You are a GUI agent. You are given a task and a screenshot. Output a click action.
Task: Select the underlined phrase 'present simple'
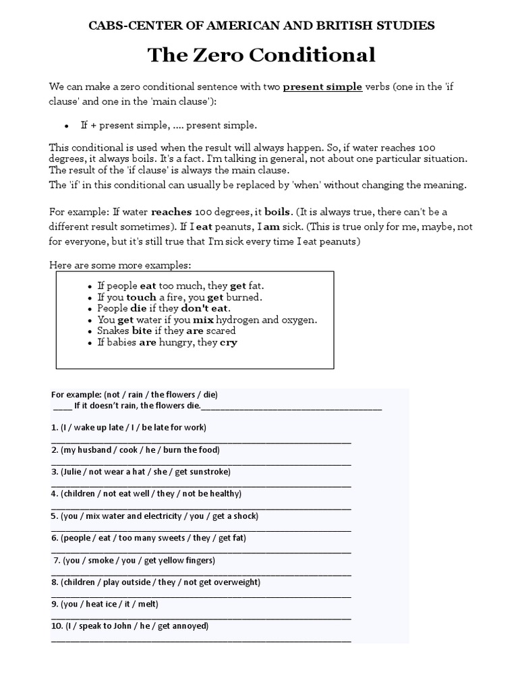click(x=322, y=87)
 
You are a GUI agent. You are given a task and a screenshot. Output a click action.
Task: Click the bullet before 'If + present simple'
click(x=66, y=126)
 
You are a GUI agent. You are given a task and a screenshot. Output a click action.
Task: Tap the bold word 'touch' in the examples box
click(x=141, y=297)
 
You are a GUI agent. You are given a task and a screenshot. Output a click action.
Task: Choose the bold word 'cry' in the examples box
click(x=229, y=342)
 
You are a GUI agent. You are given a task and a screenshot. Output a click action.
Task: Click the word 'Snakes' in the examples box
click(x=113, y=331)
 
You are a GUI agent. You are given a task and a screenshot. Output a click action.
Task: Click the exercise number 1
click(x=54, y=428)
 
